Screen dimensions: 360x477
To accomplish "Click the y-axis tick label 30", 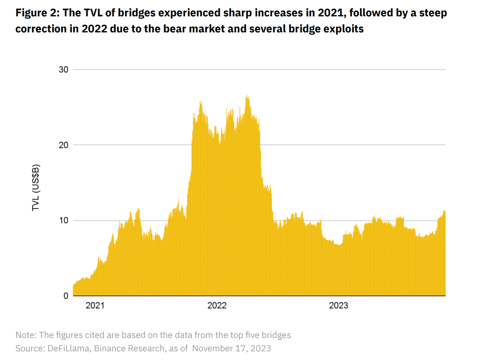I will [63, 69].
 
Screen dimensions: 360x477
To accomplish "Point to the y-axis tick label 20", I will [63, 145].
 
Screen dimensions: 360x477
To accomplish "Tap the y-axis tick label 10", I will [63, 220].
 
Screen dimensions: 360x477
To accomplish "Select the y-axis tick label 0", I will [66, 296].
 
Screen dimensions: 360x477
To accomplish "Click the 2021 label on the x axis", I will [95, 306].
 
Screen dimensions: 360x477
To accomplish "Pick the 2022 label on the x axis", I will [217, 306].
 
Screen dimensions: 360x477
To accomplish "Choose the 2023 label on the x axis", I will [338, 306].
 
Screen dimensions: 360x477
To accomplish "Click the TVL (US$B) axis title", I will [36, 188].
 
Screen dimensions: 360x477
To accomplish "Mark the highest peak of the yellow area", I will [247, 96].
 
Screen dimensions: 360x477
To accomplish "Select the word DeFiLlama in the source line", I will [68, 348].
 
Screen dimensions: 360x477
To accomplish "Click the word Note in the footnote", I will [25, 335].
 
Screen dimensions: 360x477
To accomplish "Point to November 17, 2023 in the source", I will [231, 348].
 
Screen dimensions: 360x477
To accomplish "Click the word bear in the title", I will [175, 29].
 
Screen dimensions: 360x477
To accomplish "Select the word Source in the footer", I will [30, 348].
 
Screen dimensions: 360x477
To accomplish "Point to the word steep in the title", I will [433, 13].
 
